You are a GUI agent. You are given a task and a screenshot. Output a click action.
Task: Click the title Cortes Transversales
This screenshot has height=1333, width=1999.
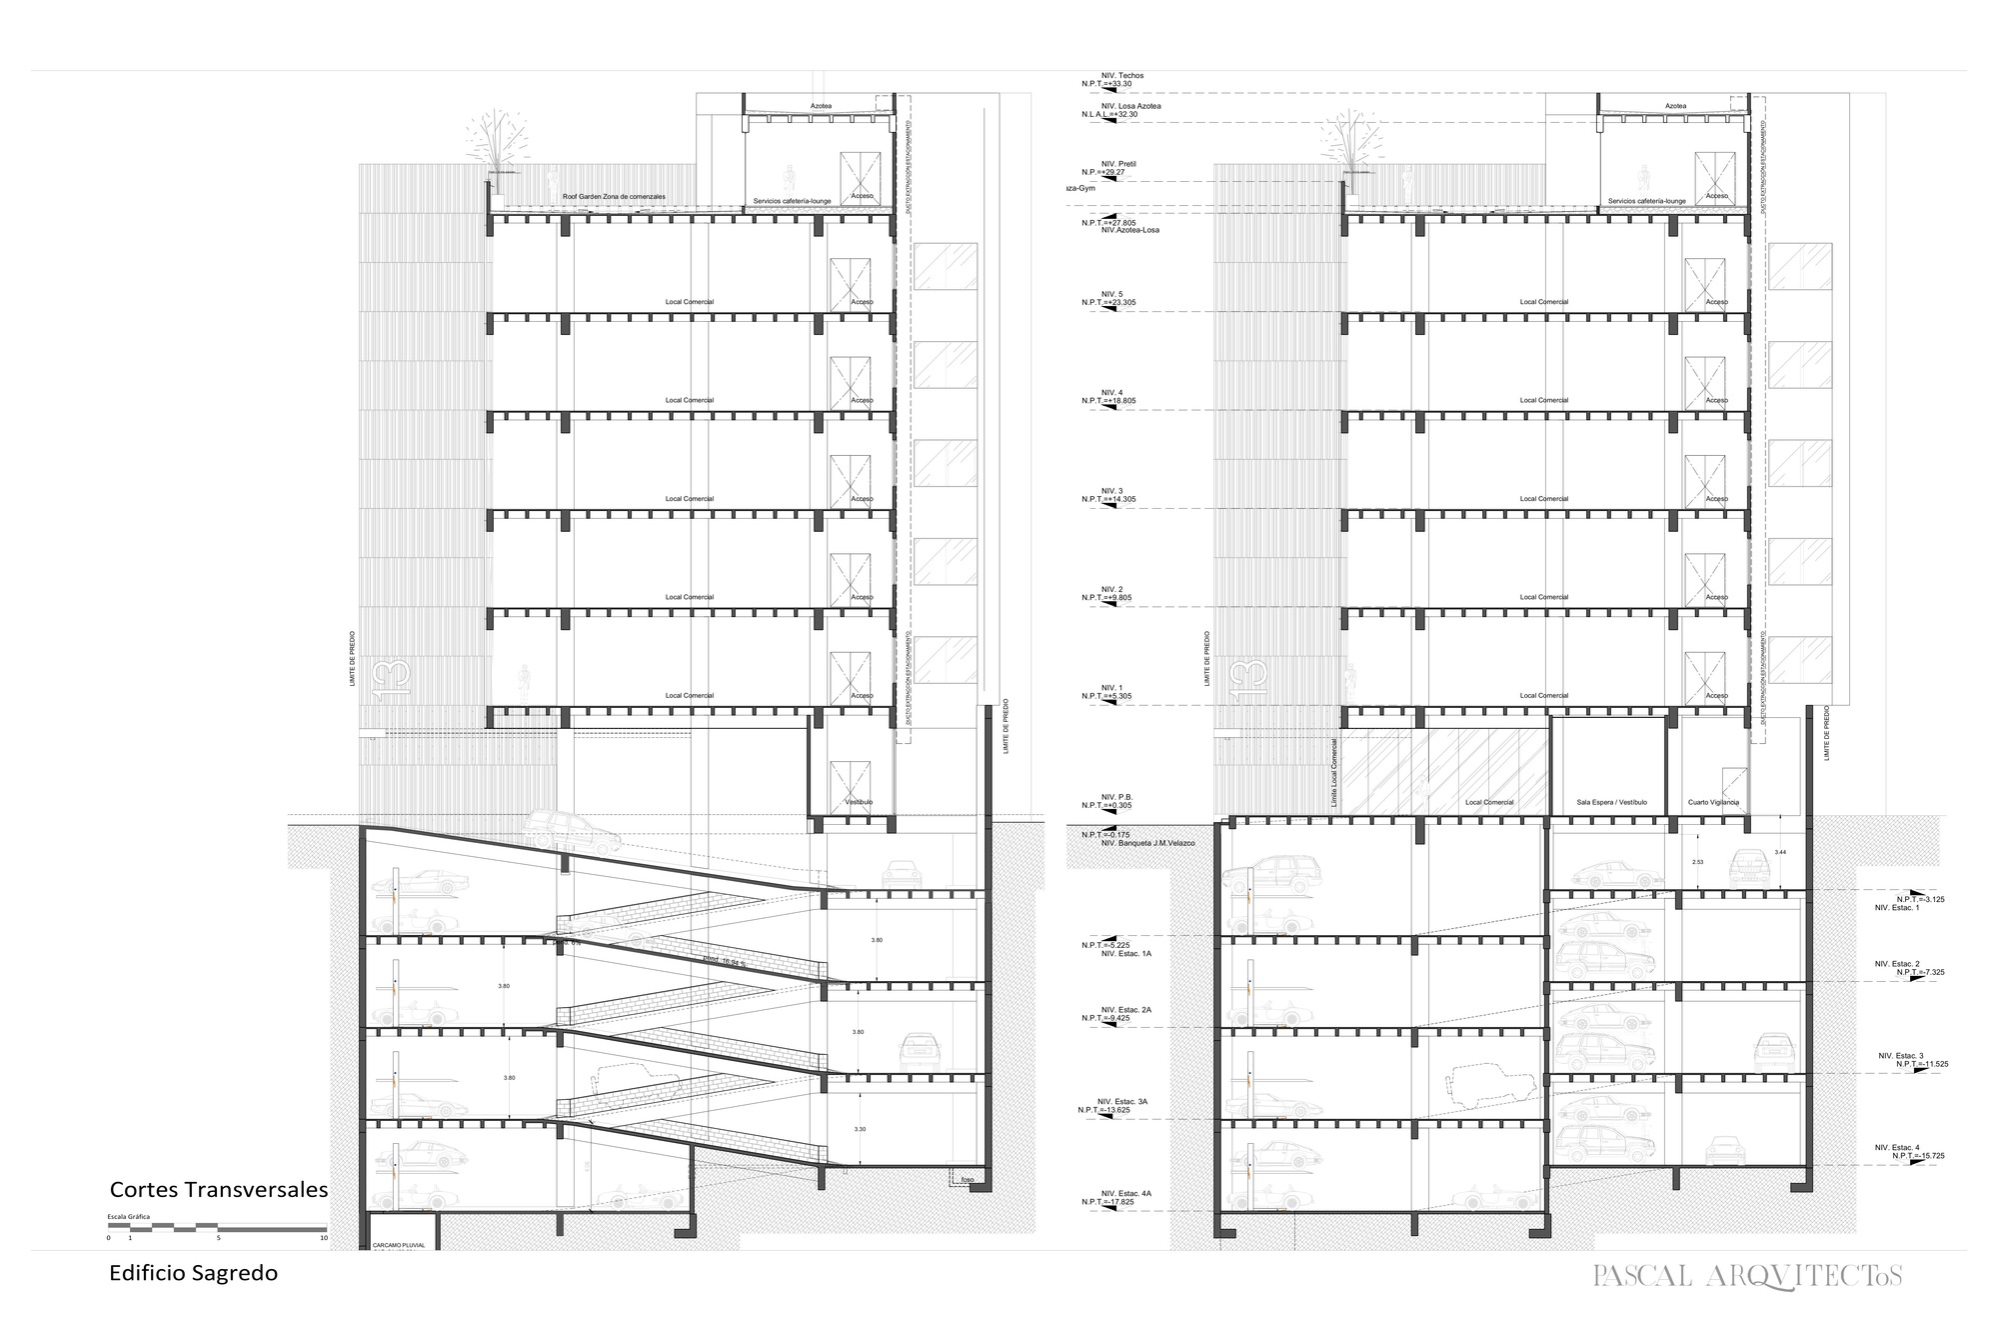coord(219,1190)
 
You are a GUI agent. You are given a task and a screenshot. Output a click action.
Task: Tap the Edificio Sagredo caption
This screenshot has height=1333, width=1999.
coord(193,1274)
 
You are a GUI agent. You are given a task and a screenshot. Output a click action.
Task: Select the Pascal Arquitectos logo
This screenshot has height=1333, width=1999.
coord(1747,1276)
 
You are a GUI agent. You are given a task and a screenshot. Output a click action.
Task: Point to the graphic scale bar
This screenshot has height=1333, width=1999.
coord(217,1227)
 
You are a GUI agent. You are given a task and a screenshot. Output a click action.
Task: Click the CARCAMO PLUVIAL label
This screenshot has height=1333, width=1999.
coord(399,1246)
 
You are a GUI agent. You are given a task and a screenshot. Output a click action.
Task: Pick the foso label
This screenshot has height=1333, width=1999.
coord(967,1180)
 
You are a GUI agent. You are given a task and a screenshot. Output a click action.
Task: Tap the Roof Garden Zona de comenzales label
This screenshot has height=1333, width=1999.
coord(614,197)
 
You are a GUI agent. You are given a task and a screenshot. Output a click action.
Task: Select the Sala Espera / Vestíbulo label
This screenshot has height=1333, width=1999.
coord(1611,803)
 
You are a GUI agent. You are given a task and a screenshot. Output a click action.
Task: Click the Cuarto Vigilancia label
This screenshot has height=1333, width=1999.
coord(1713,803)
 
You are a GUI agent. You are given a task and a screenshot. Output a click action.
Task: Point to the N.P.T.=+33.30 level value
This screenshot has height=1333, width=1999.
coord(1107,85)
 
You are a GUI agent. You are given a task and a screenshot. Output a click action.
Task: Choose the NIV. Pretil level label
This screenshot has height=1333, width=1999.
coord(1118,164)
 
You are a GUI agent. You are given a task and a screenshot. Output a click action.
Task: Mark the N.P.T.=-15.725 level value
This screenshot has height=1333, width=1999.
coord(1918,1156)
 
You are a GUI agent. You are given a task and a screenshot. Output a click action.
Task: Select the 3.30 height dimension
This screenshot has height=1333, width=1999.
coord(861,1129)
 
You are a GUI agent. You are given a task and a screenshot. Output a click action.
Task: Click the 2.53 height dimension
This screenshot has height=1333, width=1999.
coord(1697,861)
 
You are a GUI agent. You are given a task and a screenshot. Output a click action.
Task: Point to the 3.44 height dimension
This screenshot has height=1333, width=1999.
coord(1780,852)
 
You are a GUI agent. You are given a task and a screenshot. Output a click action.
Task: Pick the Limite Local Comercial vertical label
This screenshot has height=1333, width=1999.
coord(1333,773)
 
